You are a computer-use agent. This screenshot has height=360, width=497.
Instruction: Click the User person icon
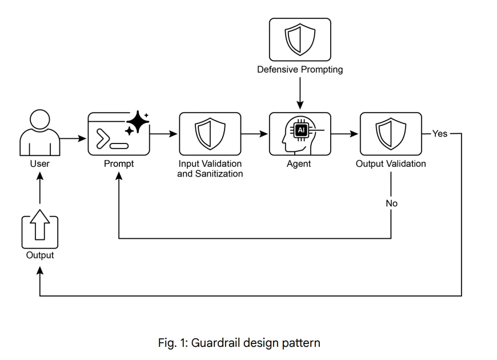point(40,134)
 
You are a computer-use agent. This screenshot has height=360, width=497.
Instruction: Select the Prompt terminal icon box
point(118,134)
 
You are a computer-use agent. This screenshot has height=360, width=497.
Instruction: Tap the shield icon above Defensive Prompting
point(300,39)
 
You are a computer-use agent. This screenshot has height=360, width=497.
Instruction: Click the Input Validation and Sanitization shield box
point(210,134)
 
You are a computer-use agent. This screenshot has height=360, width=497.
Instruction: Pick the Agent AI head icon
point(299,134)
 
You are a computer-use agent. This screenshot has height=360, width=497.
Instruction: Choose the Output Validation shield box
point(391,134)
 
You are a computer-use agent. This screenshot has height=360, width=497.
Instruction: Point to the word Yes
point(440,134)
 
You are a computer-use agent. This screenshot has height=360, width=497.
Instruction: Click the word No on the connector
point(391,203)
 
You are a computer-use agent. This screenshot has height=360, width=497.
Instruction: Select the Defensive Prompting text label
point(300,70)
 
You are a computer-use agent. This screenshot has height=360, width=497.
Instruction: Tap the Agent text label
point(299,164)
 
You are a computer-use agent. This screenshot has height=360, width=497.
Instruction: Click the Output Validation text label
point(391,164)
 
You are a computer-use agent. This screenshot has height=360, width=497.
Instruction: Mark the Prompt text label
point(118,164)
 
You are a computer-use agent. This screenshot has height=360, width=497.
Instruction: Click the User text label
point(40,164)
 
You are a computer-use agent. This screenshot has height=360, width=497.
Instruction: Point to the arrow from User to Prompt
point(73,138)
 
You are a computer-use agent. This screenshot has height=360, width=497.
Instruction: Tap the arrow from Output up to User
point(40,191)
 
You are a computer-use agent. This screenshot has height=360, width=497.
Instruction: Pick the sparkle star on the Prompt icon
point(137,121)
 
